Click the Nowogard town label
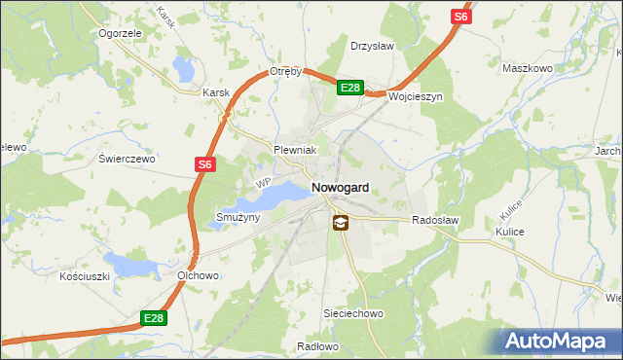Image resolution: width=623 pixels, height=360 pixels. (340, 187)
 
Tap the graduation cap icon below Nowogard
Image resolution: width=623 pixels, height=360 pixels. (339, 223)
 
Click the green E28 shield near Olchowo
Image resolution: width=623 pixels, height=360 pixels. (152, 317)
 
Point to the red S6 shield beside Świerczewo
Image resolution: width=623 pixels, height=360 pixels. (203, 165)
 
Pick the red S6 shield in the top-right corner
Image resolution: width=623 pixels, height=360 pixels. (460, 17)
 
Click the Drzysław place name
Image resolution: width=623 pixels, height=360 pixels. (371, 45)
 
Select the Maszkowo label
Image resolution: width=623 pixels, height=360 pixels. (527, 69)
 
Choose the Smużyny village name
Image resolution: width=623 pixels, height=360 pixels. (238, 217)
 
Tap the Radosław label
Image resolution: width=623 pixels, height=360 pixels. (434, 221)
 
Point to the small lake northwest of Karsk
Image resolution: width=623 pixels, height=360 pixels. (182, 69)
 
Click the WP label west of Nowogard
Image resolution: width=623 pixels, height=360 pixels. (262, 183)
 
